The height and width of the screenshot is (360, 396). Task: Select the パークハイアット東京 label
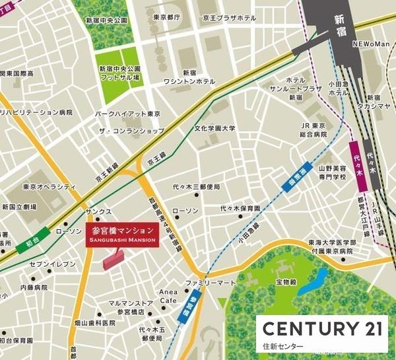pyautogui.click(x=128, y=114)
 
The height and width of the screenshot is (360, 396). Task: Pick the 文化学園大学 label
pyautogui.click(x=214, y=128)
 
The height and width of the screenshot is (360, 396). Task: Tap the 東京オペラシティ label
pyautogui.click(x=46, y=186)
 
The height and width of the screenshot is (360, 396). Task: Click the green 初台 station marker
pyautogui.click(x=36, y=234)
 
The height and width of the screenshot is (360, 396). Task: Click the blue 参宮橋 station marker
pyautogui.click(x=192, y=308)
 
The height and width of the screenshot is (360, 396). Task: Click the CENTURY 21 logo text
pyautogui.click(x=321, y=328)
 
